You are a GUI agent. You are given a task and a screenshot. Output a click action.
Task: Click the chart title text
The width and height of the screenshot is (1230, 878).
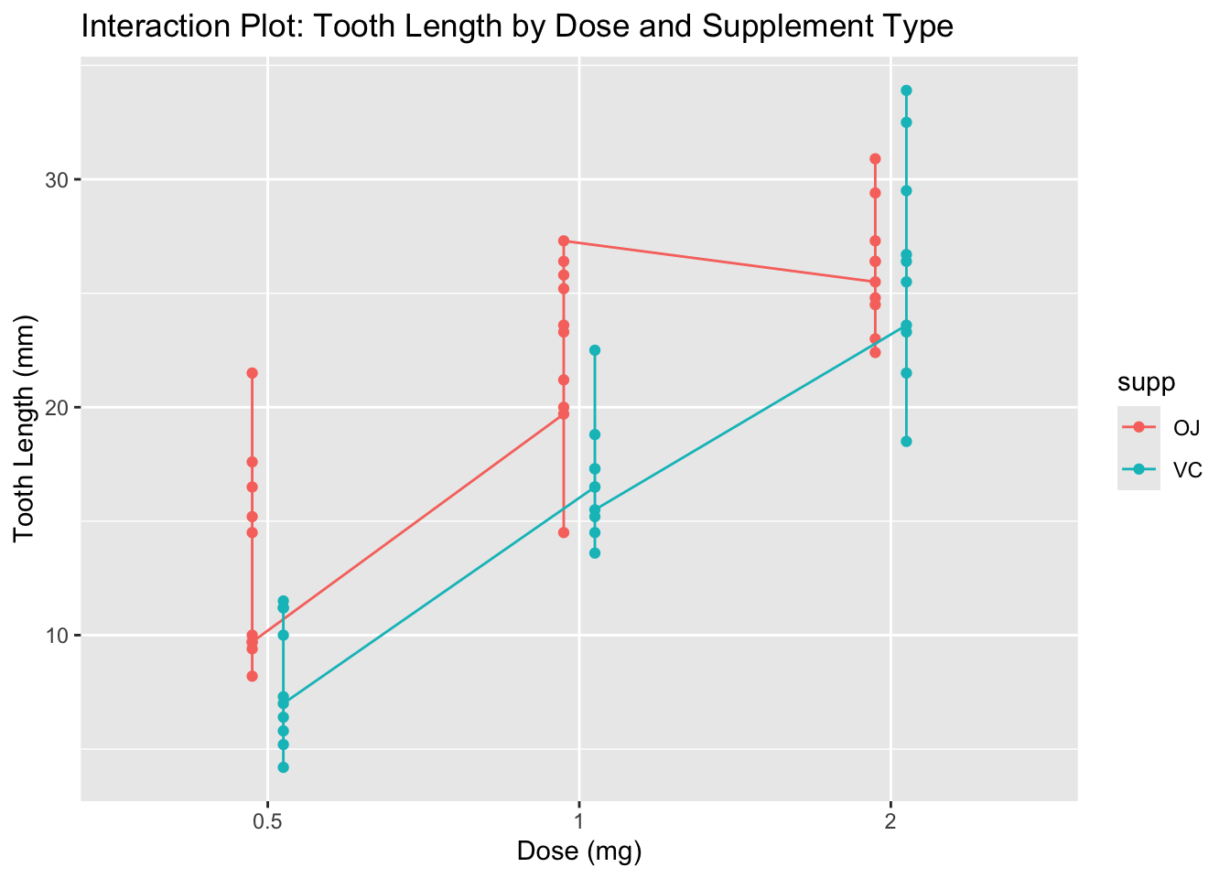(517, 27)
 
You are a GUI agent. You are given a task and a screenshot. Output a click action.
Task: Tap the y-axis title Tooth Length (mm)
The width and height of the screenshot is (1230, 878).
(25, 428)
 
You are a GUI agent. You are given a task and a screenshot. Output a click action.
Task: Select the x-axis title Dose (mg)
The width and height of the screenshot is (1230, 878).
(579, 851)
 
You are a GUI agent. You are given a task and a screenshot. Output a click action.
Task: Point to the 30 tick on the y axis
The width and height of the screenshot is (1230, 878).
(59, 179)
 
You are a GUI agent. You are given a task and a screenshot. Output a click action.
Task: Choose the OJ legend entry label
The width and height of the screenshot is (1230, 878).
(1186, 427)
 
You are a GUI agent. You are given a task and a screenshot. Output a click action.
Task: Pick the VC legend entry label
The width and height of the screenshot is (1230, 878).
(1187, 471)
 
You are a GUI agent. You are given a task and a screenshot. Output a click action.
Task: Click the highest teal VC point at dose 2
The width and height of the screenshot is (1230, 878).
(906, 91)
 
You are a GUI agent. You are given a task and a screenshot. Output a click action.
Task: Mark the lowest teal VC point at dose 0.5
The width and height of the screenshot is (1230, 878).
(283, 767)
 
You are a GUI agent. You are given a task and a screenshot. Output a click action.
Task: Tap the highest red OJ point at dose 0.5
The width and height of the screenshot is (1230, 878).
(252, 373)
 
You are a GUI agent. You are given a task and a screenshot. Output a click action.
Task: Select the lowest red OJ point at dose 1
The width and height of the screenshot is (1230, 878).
(564, 532)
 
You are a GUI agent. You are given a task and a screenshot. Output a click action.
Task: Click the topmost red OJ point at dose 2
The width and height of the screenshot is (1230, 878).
(875, 159)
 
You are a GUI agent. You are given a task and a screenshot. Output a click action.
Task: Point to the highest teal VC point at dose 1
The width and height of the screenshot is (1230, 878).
(595, 350)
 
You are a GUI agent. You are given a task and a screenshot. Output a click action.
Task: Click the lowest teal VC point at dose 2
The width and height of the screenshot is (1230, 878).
(906, 442)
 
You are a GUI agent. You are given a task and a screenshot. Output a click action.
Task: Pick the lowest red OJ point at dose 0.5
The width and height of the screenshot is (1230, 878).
(252, 676)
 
